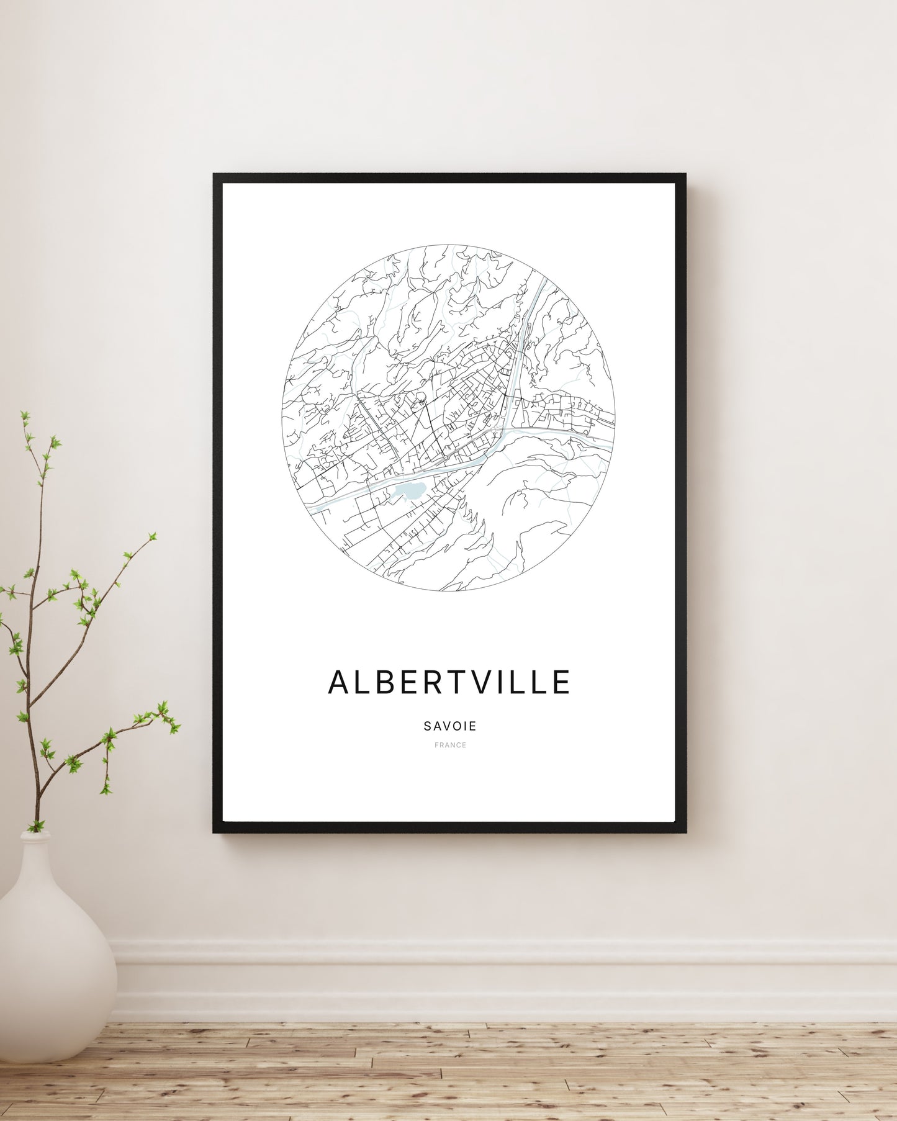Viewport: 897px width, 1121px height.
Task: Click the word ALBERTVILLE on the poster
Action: [449, 682]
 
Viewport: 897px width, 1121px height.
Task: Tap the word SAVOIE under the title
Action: [450, 726]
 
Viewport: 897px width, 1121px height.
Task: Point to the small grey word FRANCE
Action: [450, 745]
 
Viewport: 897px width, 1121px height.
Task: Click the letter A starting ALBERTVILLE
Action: [339, 682]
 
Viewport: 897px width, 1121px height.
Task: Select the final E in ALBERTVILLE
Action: [561, 682]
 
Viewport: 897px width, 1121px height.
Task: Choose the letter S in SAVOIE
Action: [428, 726]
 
